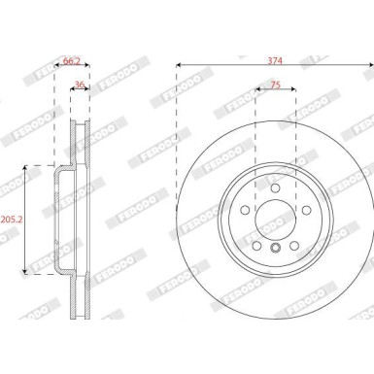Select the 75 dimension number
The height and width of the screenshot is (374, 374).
pyautogui.click(x=275, y=85)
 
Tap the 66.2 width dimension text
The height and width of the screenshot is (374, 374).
pyautogui.click(x=72, y=59)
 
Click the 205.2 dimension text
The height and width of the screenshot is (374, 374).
pyautogui.click(x=12, y=220)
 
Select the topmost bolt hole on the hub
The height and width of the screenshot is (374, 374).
pyautogui.click(x=275, y=187)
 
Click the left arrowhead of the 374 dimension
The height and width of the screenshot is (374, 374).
pyautogui.click(x=179, y=67)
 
